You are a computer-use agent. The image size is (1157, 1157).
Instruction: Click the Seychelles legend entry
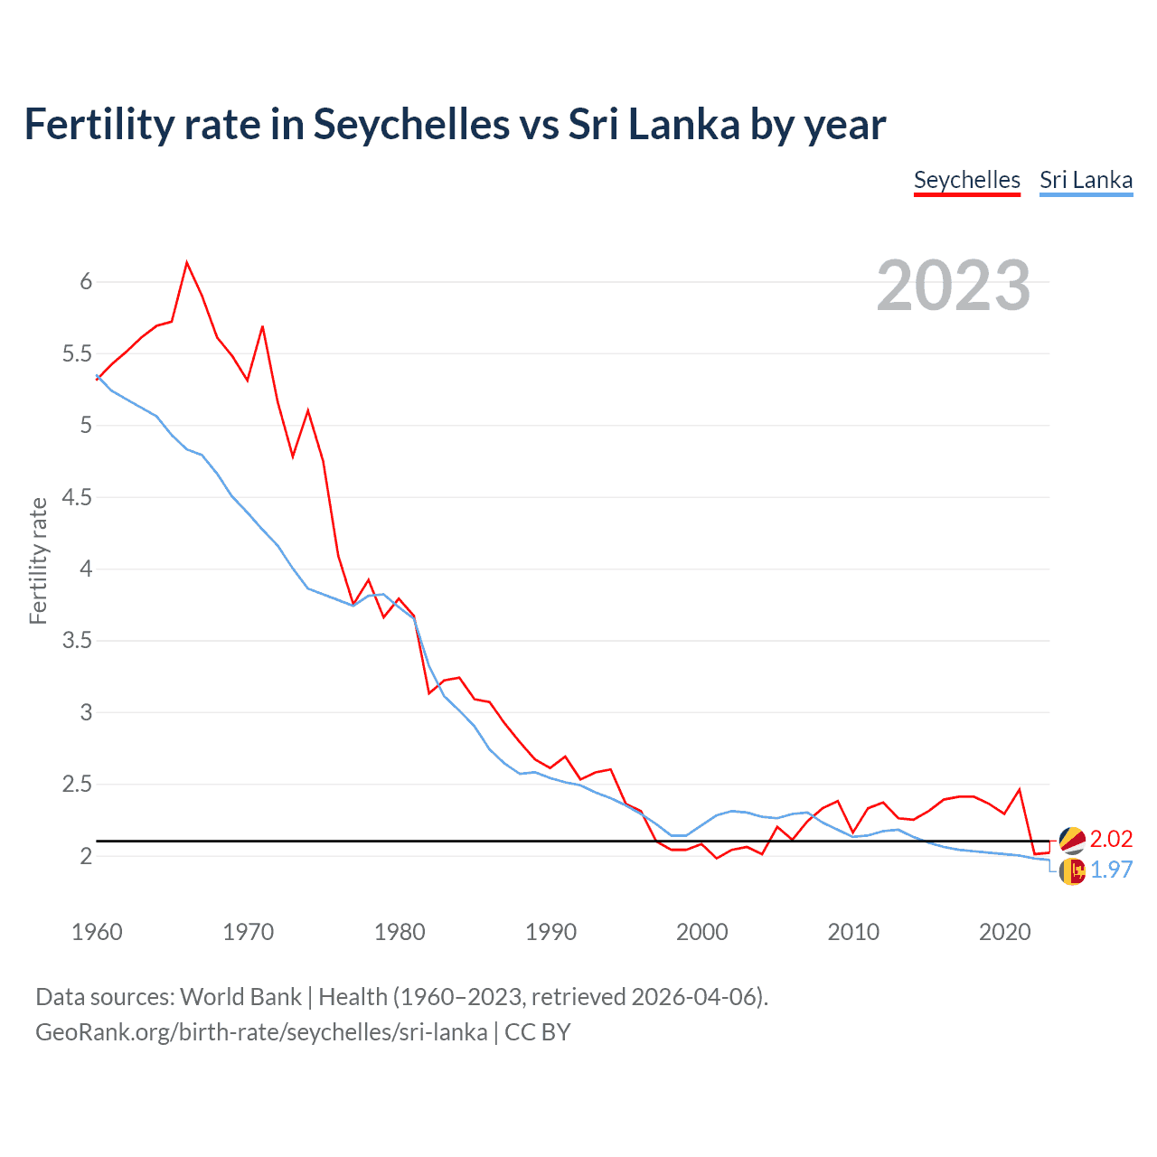[966, 180]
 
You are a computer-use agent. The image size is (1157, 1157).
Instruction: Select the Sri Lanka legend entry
[1086, 180]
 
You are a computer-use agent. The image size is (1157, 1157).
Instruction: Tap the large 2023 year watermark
[953, 286]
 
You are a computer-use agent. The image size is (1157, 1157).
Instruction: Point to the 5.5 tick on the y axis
[77, 353]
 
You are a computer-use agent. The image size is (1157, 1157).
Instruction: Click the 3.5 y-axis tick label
[77, 641]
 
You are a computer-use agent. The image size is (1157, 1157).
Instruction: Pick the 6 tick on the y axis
[87, 282]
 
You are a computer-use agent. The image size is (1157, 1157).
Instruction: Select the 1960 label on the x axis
[97, 932]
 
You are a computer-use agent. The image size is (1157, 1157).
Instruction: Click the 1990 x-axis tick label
[550, 932]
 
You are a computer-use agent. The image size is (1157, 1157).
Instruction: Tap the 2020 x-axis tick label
[1004, 932]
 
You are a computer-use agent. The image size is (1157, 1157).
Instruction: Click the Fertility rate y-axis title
[38, 560]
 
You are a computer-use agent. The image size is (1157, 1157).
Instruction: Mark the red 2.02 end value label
[1111, 839]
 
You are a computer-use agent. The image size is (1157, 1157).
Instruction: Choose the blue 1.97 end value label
[1111, 870]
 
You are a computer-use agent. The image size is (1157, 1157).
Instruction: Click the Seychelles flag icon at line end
[1072, 840]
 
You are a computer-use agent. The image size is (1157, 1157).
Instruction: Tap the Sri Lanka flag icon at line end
[1072, 871]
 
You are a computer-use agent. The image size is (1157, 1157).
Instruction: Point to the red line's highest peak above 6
[187, 263]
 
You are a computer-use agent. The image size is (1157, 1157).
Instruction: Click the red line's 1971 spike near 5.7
[262, 327]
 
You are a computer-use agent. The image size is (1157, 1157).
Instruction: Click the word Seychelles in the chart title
[411, 125]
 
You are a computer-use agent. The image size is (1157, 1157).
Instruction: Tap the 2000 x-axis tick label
[701, 932]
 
